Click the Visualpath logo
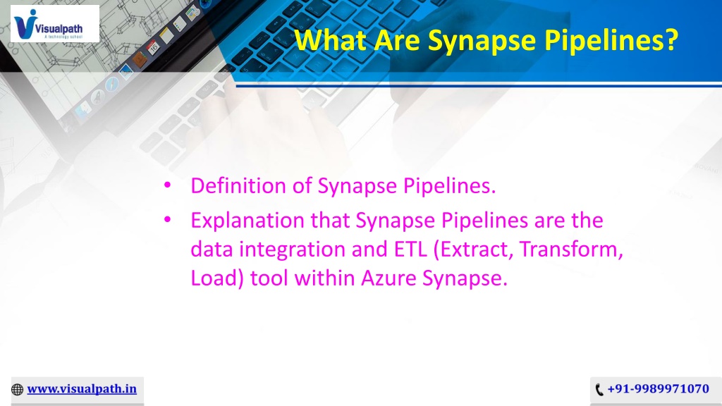[55, 24]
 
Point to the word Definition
[238, 185]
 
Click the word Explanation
[247, 221]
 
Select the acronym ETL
[410, 249]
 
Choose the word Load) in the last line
[217, 278]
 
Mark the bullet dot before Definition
[167, 185]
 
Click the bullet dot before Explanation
[167, 220]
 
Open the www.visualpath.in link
[82, 389]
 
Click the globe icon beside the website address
[17, 389]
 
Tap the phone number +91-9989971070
[658, 389]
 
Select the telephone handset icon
[599, 390]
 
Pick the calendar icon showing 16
[153, 47]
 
